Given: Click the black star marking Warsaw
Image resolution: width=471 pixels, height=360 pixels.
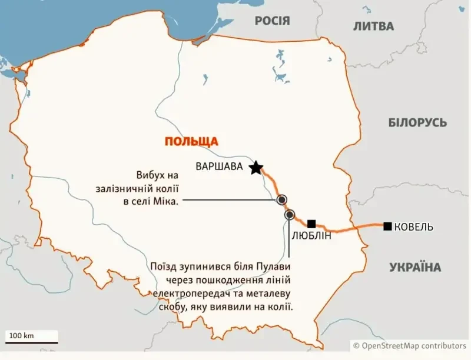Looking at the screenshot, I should pyautogui.click(x=256, y=169).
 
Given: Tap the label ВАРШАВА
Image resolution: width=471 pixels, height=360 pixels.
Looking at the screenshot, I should pyautogui.click(x=219, y=166).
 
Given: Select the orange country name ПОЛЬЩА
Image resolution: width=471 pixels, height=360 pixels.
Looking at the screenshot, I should pyautogui.click(x=191, y=141).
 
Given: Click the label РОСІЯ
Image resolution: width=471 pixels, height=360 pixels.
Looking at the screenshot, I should pyautogui.click(x=272, y=21).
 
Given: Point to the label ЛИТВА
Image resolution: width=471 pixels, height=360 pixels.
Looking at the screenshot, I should pyautogui.click(x=373, y=26).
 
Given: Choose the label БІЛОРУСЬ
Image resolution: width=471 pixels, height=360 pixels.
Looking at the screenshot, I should pyautogui.click(x=417, y=123).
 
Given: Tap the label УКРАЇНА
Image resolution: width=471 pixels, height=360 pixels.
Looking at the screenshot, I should pyautogui.click(x=415, y=268).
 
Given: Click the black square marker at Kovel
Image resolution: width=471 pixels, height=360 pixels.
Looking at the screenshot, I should pyautogui.click(x=387, y=226).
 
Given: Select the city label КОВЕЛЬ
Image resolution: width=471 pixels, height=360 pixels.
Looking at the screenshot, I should pyautogui.click(x=414, y=227).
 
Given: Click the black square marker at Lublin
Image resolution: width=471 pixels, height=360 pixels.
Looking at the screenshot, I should pyautogui.click(x=312, y=224).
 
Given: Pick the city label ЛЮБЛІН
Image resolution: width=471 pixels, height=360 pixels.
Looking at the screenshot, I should pyautogui.click(x=311, y=236).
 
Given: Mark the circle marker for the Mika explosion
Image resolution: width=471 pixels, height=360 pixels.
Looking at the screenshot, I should pyautogui.click(x=282, y=199).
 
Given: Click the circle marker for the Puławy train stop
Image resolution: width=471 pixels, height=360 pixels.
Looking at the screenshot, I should pyautogui.click(x=289, y=215).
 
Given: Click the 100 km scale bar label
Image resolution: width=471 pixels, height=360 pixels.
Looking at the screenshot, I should pyautogui.click(x=22, y=335).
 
